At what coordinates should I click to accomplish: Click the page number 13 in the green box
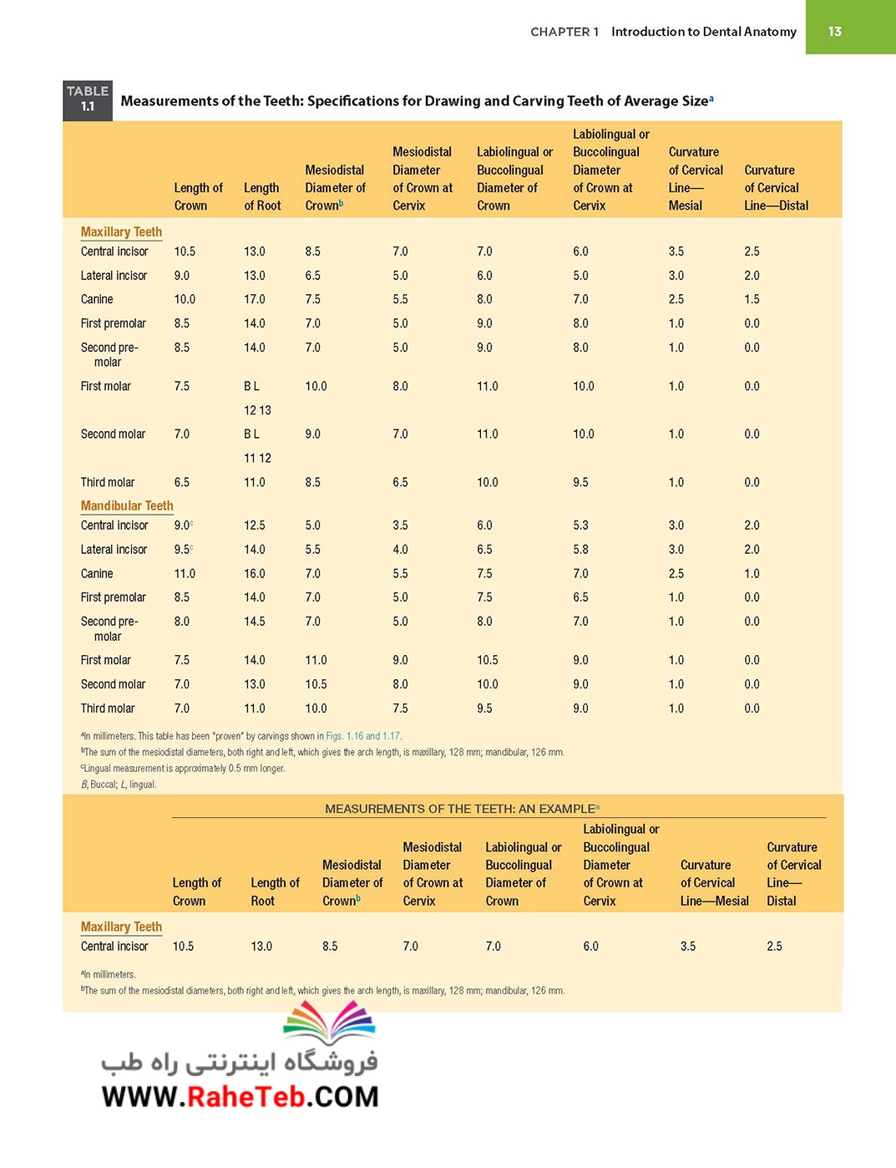(834, 31)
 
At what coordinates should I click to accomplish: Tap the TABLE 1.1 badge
(88, 100)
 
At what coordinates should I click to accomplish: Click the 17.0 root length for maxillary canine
(254, 299)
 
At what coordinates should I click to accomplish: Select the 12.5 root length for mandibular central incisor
(254, 526)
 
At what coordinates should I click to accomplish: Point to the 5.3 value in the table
(580, 526)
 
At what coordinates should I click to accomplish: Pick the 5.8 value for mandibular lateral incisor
(580, 550)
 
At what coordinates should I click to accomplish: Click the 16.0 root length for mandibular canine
(254, 573)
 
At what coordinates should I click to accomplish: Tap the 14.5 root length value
(254, 622)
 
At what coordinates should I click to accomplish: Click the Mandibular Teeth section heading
(127, 505)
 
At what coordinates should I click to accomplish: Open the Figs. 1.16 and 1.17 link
(363, 736)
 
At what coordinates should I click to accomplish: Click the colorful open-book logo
(329, 1023)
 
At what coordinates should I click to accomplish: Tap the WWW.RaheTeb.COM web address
(240, 1097)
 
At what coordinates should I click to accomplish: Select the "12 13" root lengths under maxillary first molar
(257, 411)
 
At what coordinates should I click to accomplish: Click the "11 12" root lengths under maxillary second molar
(257, 459)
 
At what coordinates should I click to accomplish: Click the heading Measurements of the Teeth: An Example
(462, 809)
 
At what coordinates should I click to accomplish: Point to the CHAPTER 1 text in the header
(564, 32)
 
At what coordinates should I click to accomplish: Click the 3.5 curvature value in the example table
(687, 946)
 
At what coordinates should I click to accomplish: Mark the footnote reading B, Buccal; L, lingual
(119, 785)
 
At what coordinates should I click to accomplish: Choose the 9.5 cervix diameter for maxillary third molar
(580, 482)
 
